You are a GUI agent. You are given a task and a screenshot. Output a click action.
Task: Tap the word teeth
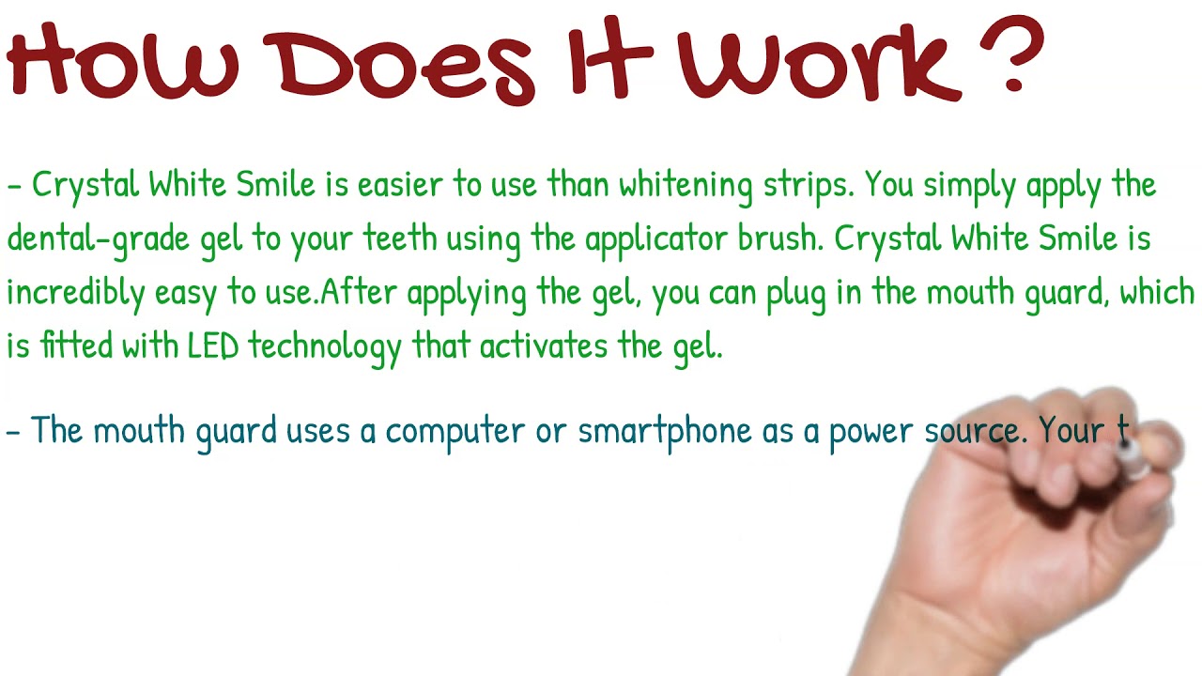tap(400, 239)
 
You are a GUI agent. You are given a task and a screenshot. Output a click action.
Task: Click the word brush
tap(778, 239)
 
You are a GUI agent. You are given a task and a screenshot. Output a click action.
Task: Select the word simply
tap(970, 186)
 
